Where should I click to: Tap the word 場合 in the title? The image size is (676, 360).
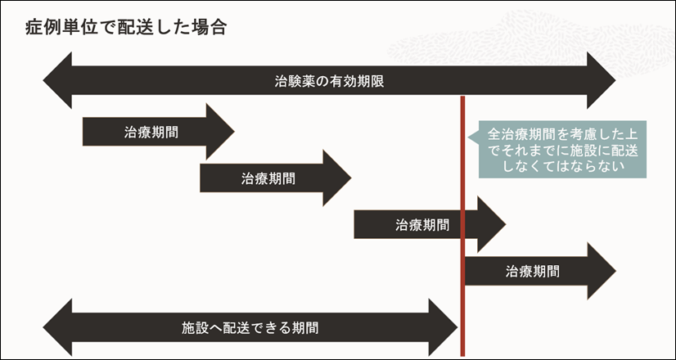[x=208, y=27]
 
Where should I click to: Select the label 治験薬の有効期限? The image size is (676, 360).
[x=330, y=82]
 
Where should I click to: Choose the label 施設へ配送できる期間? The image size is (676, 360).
[x=250, y=328]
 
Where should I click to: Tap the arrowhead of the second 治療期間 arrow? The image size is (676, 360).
[x=336, y=178]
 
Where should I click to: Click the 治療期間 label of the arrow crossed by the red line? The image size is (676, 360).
[x=422, y=224]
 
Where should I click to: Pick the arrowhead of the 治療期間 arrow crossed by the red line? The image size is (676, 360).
[x=491, y=224]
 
